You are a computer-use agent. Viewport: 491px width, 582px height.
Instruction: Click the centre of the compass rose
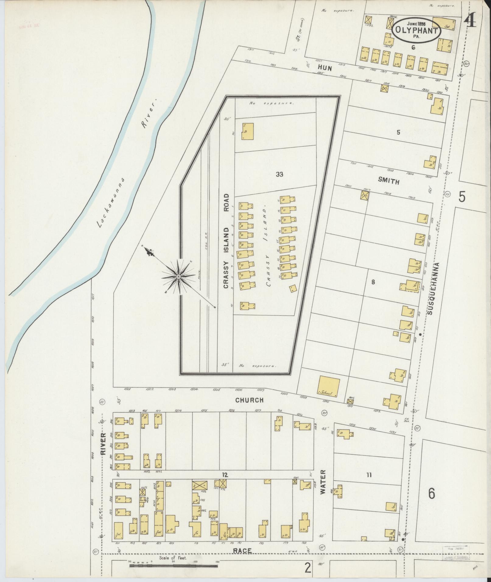click(x=178, y=276)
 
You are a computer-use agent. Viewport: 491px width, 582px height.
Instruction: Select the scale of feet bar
click(x=174, y=565)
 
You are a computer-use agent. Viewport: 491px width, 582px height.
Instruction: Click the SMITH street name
click(x=388, y=181)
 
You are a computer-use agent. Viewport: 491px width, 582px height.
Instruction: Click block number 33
click(x=279, y=174)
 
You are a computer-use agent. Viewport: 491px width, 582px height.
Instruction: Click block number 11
click(x=369, y=483)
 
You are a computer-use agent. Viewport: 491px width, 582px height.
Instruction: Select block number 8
click(x=373, y=282)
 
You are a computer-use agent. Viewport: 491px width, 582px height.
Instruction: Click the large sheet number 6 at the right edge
click(x=431, y=493)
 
